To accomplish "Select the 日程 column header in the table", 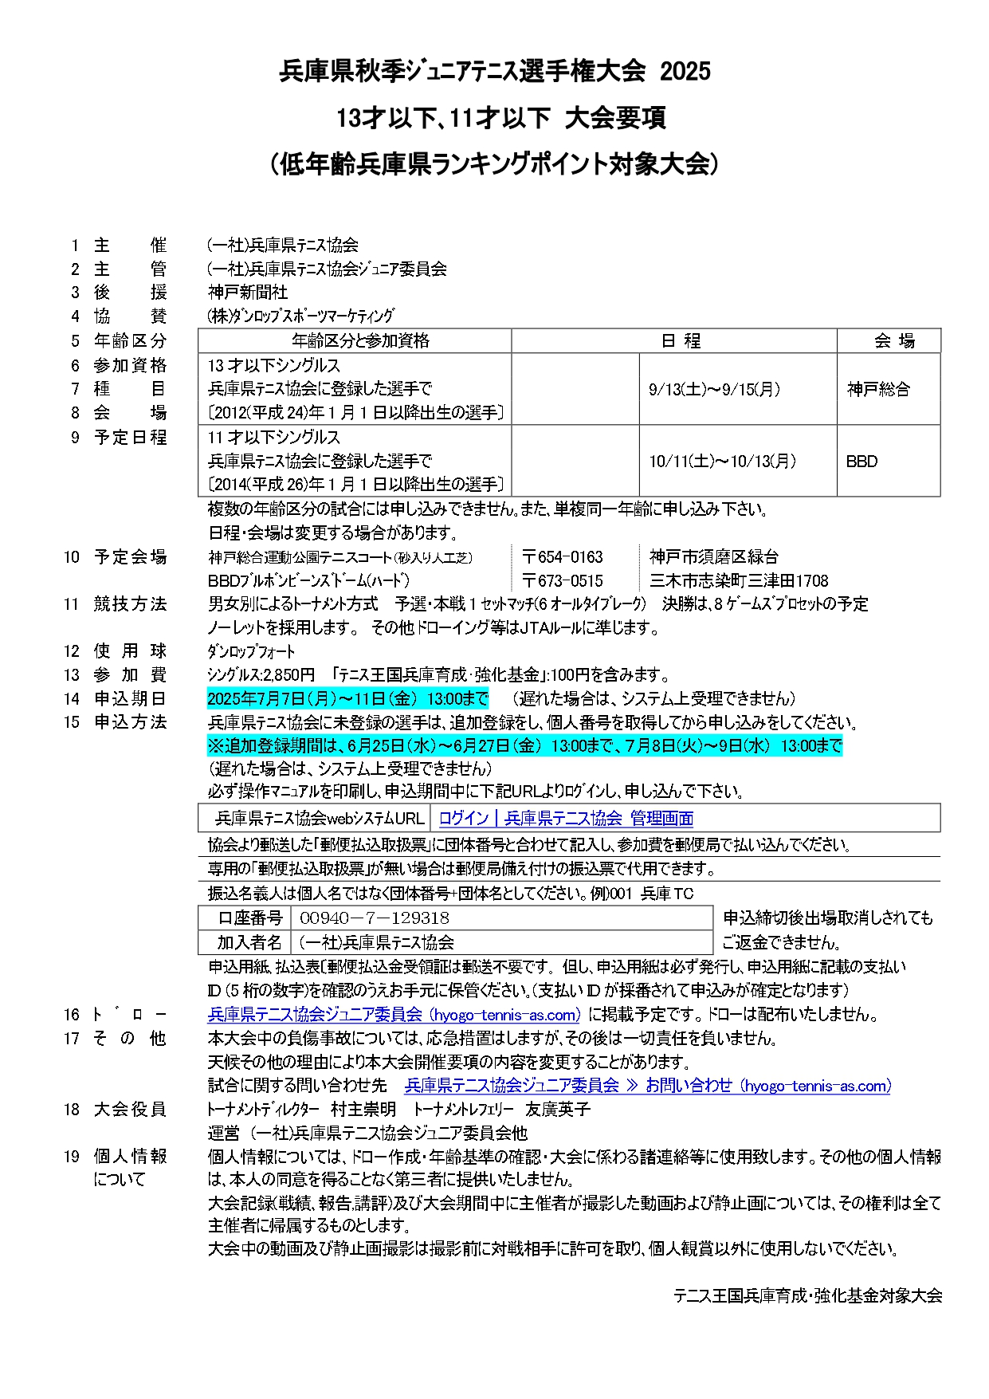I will click(681, 341).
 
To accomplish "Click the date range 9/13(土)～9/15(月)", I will click(714, 389).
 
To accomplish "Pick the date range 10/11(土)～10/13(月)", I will click(722, 461).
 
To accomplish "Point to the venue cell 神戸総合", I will click(878, 389).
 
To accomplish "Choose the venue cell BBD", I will click(861, 461).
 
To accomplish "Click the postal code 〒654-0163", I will click(563, 557).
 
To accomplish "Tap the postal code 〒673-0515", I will click(563, 581).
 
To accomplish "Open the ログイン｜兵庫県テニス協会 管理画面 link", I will click(566, 818).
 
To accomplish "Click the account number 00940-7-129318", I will click(375, 918).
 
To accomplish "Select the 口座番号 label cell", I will click(249, 918).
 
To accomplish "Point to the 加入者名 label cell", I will click(249, 942).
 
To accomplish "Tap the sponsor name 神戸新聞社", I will click(248, 293).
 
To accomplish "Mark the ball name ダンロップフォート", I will click(251, 651).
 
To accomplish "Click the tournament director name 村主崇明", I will click(363, 1109).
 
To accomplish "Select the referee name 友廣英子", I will click(557, 1109).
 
